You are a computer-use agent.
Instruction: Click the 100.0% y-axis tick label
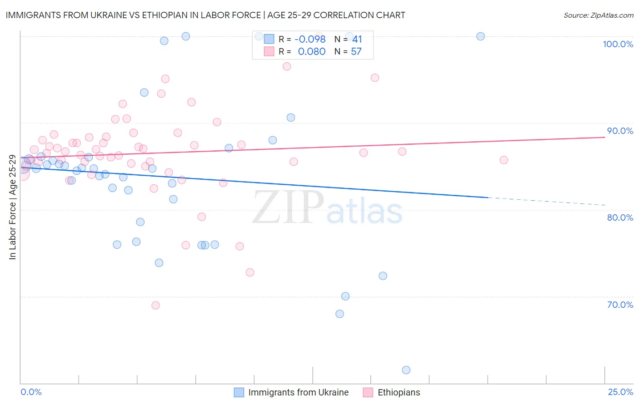click(x=618, y=44)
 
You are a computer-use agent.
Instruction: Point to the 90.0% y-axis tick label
click(x=620, y=131)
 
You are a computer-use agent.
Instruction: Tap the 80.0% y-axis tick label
click(x=620, y=217)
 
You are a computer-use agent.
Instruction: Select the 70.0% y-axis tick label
click(x=620, y=305)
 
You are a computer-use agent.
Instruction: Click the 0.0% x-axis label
click(x=31, y=392)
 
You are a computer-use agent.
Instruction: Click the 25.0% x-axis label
click(x=620, y=392)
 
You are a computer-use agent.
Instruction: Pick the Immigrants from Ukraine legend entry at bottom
click(x=298, y=392)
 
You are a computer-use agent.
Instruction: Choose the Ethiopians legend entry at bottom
click(x=399, y=392)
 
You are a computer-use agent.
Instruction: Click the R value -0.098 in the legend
click(x=310, y=40)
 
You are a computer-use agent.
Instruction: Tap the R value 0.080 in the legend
click(x=311, y=52)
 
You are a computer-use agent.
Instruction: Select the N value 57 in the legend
click(x=356, y=52)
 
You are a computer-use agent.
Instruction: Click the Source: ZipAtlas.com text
click(x=598, y=15)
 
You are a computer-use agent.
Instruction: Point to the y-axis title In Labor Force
click(x=12, y=207)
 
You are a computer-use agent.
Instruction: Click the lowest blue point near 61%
click(x=406, y=370)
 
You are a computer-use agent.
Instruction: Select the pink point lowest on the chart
click(x=155, y=305)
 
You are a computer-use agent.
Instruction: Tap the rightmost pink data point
click(x=504, y=160)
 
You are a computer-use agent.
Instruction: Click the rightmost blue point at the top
click(x=480, y=36)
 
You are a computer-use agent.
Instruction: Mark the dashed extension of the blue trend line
click(x=545, y=202)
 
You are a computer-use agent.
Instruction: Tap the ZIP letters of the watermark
click(x=288, y=207)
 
